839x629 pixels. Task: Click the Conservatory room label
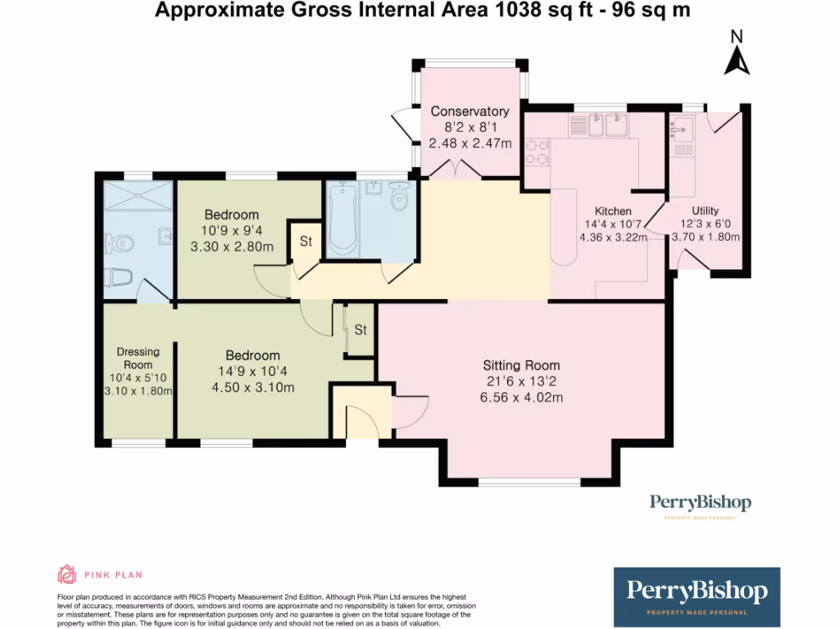point(469,111)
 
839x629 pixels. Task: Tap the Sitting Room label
point(521,365)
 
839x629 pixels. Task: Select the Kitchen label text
point(613,211)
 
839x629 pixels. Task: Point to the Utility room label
point(705,210)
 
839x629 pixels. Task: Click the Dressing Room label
point(138,359)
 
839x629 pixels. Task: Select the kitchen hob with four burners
point(537,152)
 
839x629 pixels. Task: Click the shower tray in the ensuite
point(138,195)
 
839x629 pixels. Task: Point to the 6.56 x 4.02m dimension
point(521,397)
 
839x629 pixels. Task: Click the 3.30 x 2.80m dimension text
point(232,247)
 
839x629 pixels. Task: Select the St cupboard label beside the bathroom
point(306,242)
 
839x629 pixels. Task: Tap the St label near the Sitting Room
point(361,330)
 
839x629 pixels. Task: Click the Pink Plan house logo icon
point(67,574)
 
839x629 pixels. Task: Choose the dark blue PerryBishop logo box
point(696,597)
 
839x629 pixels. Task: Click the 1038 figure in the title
point(519,10)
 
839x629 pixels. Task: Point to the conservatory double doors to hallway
point(455,169)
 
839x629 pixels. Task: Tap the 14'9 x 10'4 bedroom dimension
point(252,371)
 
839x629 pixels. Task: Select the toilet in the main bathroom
point(399,197)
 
